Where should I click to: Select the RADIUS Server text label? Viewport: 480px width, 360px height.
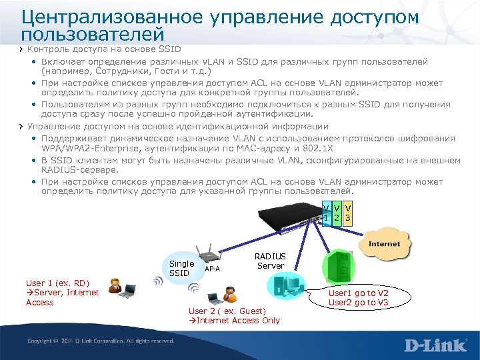(270, 261)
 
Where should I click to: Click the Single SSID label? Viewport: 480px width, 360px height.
(182, 268)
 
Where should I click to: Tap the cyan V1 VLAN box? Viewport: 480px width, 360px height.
(325, 213)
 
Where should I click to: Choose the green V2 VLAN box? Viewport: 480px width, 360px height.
(337, 213)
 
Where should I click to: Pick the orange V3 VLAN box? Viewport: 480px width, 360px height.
(348, 213)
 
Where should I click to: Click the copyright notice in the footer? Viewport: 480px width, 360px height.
(101, 341)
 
